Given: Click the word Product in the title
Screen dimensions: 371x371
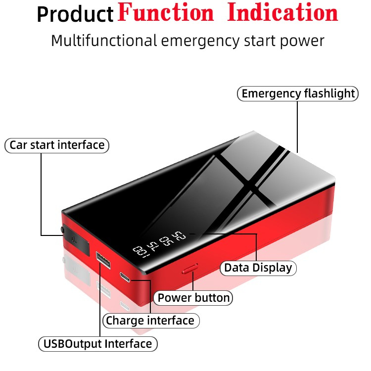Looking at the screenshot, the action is pos(75,15).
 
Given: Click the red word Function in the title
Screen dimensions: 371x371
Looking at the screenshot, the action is pos(166,13).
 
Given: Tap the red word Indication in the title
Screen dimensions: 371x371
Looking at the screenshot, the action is pos(282,13).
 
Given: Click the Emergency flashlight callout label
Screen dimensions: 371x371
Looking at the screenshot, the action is pos(298,93).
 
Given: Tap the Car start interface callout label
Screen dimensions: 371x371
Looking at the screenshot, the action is pos(57,145).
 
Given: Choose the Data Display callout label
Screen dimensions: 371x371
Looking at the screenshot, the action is pos(258,268).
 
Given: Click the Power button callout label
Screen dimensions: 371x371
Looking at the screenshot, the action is pos(193,298).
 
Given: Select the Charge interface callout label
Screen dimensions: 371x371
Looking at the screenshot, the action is pos(150,321).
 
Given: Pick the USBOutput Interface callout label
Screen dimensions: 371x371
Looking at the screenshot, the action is pos(97,343).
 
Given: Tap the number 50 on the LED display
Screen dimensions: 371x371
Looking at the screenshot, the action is pos(166,240).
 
